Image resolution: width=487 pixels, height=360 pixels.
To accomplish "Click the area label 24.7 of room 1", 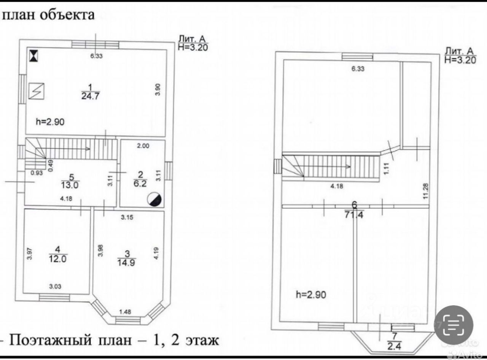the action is (90, 96).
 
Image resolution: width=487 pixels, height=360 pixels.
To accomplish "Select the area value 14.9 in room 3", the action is (128, 262).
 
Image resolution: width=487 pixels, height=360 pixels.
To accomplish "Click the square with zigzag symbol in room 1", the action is (37, 91).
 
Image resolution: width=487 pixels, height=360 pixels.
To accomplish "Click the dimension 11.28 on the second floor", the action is (425, 191).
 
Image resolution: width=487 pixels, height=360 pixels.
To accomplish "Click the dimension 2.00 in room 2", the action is (143, 146).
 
